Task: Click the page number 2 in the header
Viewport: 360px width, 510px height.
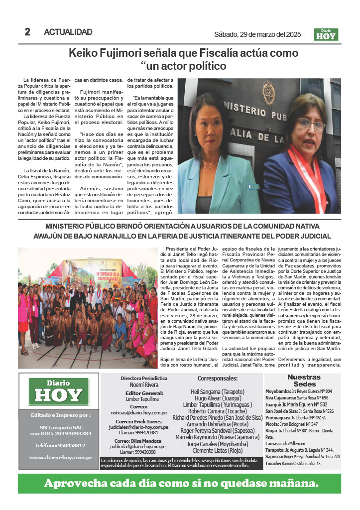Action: tap(27, 32)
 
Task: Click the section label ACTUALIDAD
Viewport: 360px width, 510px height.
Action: tap(68, 32)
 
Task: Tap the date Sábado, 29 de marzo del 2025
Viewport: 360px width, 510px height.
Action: tap(257, 34)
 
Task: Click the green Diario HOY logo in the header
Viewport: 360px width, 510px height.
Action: tap(326, 34)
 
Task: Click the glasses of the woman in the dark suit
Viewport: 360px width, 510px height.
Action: tap(311, 123)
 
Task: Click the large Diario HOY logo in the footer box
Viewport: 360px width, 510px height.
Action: tap(59, 392)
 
